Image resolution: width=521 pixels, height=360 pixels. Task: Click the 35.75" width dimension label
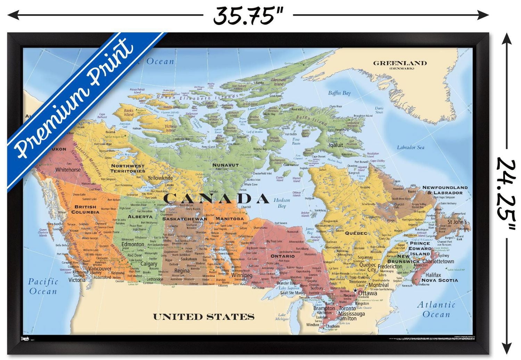(x=248, y=16)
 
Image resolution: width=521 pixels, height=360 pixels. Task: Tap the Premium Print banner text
(x=75, y=99)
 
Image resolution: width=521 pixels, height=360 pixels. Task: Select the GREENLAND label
(x=400, y=63)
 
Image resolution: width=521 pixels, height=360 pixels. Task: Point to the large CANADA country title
(x=216, y=198)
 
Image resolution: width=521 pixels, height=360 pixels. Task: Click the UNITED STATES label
(x=204, y=317)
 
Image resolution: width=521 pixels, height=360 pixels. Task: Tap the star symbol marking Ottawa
(x=355, y=290)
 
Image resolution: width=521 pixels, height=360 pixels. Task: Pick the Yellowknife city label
(x=160, y=178)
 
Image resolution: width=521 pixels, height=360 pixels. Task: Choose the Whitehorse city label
(x=68, y=170)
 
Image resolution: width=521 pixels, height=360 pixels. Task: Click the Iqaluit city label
(x=336, y=145)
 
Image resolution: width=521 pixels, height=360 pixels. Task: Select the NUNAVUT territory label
(x=225, y=165)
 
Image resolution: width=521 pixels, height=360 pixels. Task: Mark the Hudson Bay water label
(x=282, y=203)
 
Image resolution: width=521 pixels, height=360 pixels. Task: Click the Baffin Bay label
(x=339, y=93)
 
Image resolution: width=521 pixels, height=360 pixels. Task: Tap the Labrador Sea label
(x=411, y=147)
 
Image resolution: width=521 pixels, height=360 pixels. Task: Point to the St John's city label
(x=457, y=222)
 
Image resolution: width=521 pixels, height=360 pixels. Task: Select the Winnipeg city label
(x=242, y=275)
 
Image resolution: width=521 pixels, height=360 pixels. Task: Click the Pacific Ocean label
(x=43, y=286)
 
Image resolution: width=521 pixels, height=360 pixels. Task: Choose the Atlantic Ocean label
(x=436, y=310)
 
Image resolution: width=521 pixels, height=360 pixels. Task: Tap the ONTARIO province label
(x=283, y=256)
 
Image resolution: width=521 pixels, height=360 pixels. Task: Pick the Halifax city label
(x=433, y=275)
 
